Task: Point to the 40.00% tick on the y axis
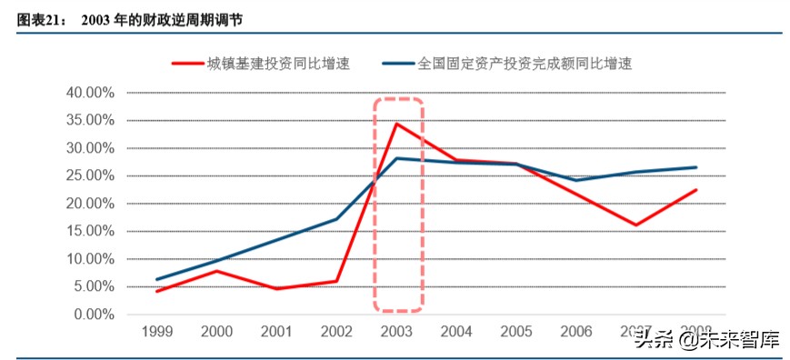click(89, 93)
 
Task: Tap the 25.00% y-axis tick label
click(89, 176)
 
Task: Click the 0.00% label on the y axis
click(93, 315)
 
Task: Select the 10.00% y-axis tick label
click(89, 259)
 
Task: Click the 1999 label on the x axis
click(158, 332)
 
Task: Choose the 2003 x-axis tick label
click(397, 332)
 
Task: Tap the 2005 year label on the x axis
click(516, 332)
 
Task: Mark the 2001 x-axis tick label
click(277, 332)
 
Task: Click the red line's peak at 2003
click(396, 124)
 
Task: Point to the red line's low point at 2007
click(636, 225)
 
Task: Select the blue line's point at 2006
click(576, 180)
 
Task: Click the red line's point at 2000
click(217, 271)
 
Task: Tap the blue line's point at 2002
click(337, 219)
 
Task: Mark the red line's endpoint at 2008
click(695, 190)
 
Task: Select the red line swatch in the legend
click(185, 64)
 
